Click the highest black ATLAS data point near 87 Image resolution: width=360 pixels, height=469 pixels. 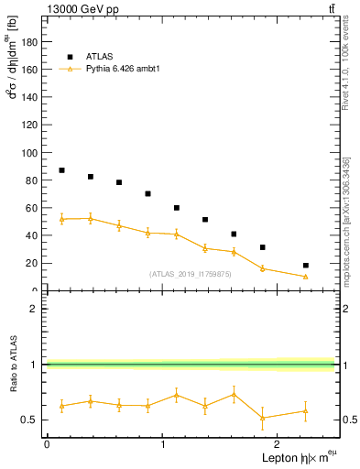[x=61, y=170]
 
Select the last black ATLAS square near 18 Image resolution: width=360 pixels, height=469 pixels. [x=306, y=266]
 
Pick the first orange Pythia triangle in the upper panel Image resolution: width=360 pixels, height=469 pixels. [x=61, y=219]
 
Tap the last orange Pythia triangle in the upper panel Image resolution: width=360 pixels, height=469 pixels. [x=306, y=277]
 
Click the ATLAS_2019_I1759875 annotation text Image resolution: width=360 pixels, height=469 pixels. [x=191, y=274]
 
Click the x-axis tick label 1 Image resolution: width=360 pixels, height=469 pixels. [x=162, y=444]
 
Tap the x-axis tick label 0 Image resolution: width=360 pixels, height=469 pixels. [x=47, y=444]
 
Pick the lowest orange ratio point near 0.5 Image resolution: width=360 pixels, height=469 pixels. [x=263, y=418]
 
